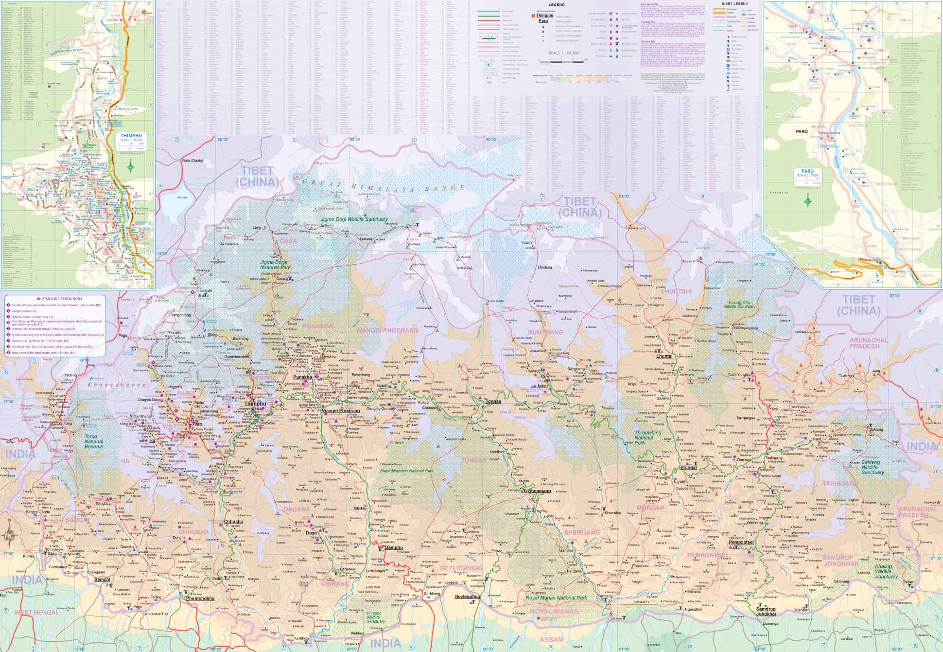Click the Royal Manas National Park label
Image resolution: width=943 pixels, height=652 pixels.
pyautogui.click(x=556, y=598)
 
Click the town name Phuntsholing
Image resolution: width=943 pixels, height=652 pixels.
pyautogui.click(x=200, y=598)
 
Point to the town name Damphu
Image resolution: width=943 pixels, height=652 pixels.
pyautogui.click(x=394, y=547)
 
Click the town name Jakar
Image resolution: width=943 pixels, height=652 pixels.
pyautogui.click(x=542, y=386)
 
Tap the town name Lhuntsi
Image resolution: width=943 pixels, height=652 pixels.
pyautogui.click(x=664, y=356)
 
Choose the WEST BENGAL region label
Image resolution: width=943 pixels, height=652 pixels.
pyautogui.click(x=36, y=612)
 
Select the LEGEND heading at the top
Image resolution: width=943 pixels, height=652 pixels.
pyautogui.click(x=557, y=5)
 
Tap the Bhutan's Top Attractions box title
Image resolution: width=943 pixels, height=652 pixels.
pyautogui.click(x=53, y=298)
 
